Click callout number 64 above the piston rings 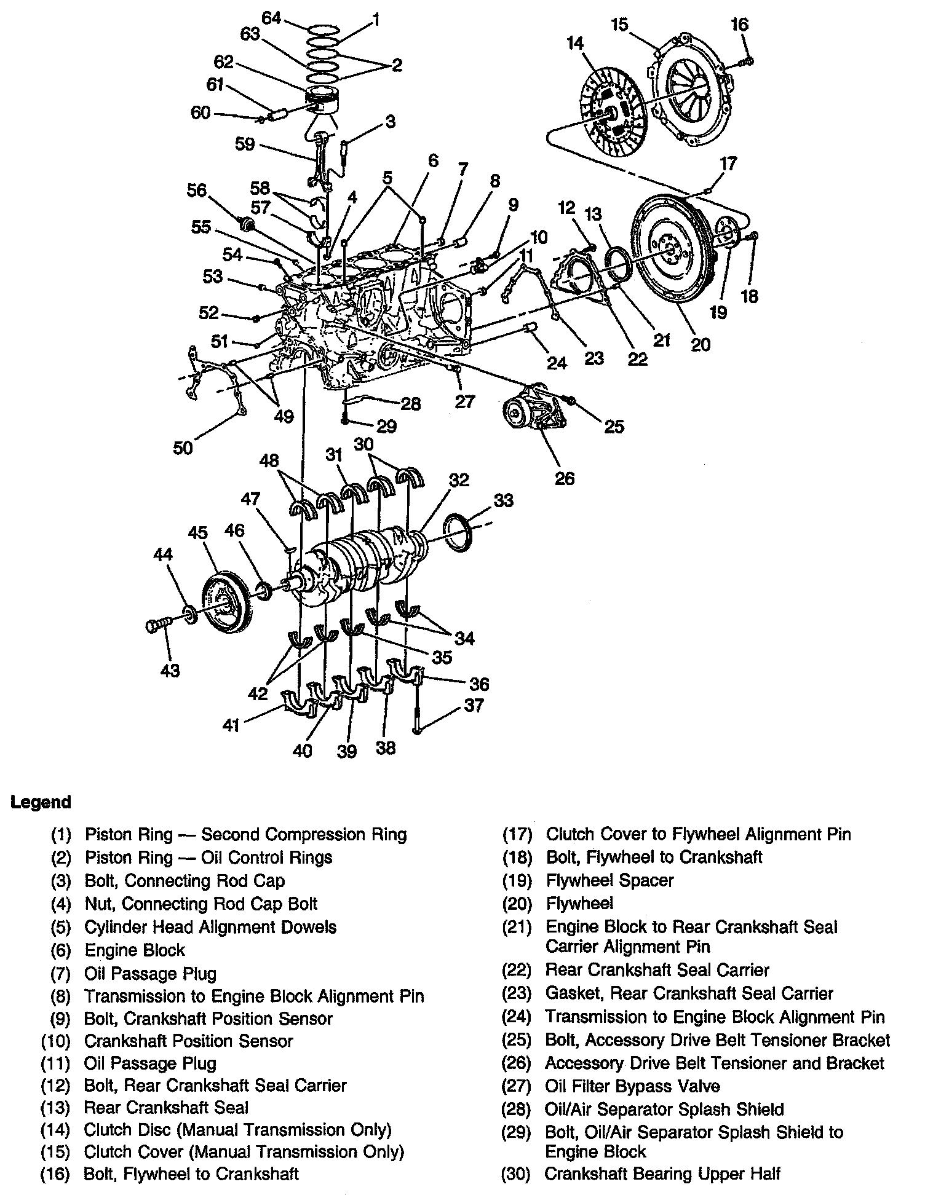pos(271,18)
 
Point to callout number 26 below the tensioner pos(564,478)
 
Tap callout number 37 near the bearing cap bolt pos(474,705)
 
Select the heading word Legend pos(41,802)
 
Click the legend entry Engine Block pos(135,950)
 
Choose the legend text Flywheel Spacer pos(609,880)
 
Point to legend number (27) pos(517,1087)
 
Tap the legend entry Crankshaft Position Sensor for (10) pos(188,1041)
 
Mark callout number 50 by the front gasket pos(183,448)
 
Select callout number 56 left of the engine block pos(197,190)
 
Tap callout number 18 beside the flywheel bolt pos(750,296)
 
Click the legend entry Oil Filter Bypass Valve pos(632,1087)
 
